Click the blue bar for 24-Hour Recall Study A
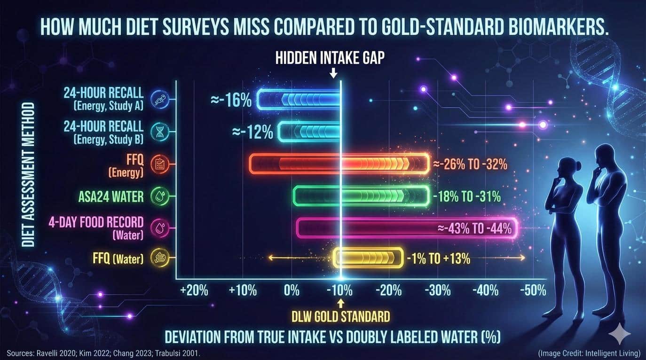click(x=299, y=99)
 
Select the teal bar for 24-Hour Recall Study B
click(x=309, y=132)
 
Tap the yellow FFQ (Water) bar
click(x=368, y=258)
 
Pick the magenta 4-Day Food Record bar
click(x=407, y=228)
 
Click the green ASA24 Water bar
click(x=361, y=196)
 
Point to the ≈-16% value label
click(x=231, y=100)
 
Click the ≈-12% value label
click(x=252, y=132)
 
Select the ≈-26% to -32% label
click(x=470, y=164)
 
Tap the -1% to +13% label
click(x=438, y=258)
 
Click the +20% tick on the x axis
click(x=194, y=290)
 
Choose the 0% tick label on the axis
click(x=291, y=290)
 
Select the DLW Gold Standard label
click(x=342, y=316)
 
